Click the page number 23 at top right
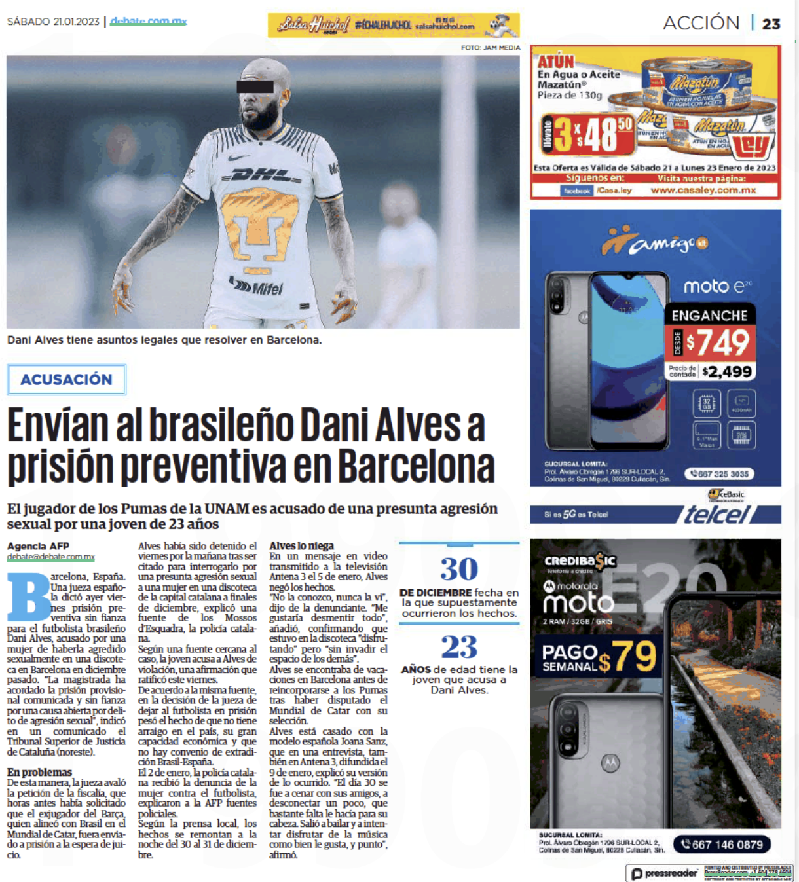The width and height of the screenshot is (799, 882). click(x=771, y=24)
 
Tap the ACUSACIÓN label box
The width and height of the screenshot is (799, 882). click(x=66, y=380)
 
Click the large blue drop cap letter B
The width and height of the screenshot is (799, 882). click(x=29, y=597)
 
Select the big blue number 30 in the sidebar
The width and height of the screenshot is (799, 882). click(x=458, y=569)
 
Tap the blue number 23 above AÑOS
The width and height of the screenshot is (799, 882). click(x=458, y=647)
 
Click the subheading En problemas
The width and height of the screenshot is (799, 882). click(x=39, y=772)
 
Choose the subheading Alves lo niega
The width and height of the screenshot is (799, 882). click(x=301, y=545)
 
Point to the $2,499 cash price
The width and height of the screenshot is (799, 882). click(x=726, y=372)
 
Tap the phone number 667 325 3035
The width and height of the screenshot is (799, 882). click(x=719, y=474)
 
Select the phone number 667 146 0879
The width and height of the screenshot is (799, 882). click(x=722, y=845)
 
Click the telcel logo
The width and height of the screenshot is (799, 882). click(x=716, y=515)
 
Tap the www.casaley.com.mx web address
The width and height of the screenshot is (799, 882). click(x=703, y=191)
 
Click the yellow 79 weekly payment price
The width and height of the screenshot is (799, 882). click(x=634, y=656)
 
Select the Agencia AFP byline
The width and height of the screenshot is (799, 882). click(x=38, y=546)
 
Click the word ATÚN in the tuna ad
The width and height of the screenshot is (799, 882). click(x=555, y=62)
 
